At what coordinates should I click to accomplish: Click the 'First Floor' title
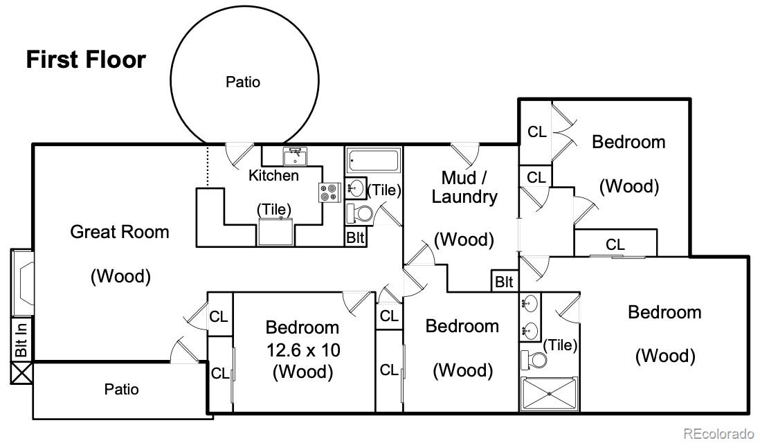click(x=86, y=60)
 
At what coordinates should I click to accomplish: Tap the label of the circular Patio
click(x=243, y=82)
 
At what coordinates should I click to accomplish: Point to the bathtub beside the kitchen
click(x=374, y=160)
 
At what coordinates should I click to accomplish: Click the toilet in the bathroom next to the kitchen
click(x=359, y=214)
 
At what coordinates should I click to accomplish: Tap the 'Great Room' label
click(x=120, y=232)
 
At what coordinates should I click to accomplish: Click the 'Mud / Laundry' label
click(x=464, y=187)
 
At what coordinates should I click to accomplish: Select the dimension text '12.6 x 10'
click(x=303, y=350)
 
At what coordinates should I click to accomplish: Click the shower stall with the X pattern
click(x=550, y=394)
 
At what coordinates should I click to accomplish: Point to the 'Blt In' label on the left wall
click(x=21, y=340)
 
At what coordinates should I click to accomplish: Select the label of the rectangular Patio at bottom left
click(x=121, y=389)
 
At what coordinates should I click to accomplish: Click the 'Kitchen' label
click(x=273, y=175)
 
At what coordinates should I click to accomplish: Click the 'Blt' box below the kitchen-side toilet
click(x=355, y=237)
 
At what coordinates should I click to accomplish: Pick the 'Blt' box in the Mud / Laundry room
click(x=504, y=282)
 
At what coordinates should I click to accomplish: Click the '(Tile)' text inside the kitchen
click(x=274, y=209)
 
